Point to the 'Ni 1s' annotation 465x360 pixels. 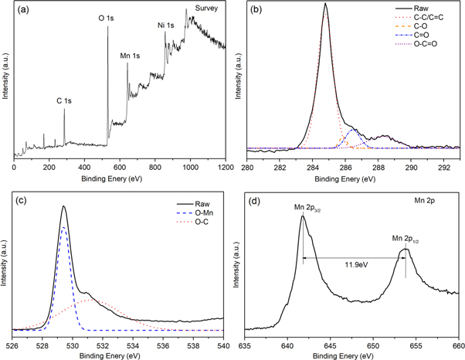pos(167,25)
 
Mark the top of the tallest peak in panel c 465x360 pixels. pos(63,206)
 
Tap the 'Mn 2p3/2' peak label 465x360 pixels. pos(307,208)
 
